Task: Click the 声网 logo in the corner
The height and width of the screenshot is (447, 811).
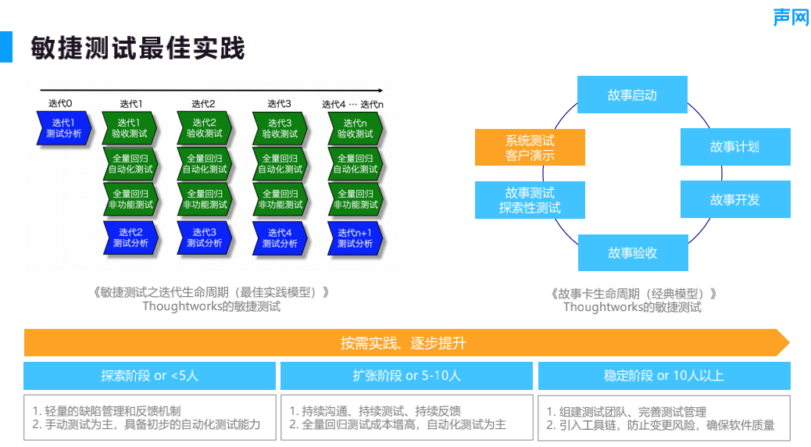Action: pyautogui.click(x=791, y=16)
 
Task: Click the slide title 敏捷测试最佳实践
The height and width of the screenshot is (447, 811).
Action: pyautogui.click(x=138, y=48)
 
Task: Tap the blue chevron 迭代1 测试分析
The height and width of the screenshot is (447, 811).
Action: pyautogui.click(x=63, y=128)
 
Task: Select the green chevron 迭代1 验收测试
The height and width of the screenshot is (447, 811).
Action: pyautogui.click(x=129, y=128)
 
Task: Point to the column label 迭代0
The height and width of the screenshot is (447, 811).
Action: pyautogui.click(x=60, y=103)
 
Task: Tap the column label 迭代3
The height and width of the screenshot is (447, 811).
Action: pyautogui.click(x=279, y=103)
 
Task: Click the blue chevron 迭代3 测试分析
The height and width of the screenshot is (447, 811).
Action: pyautogui.click(x=204, y=238)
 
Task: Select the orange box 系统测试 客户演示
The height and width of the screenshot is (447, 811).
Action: pyautogui.click(x=530, y=148)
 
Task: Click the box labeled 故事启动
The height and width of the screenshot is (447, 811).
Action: pyautogui.click(x=632, y=95)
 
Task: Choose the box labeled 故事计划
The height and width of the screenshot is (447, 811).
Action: pyautogui.click(x=734, y=147)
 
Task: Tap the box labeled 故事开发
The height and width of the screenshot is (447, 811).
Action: pyautogui.click(x=734, y=199)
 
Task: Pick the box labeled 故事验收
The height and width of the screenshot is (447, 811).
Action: pyautogui.click(x=632, y=252)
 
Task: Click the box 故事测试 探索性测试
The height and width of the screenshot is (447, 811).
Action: pyautogui.click(x=530, y=200)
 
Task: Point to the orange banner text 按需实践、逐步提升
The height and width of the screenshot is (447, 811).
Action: pyautogui.click(x=403, y=343)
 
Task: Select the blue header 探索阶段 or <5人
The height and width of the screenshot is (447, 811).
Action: pyautogui.click(x=149, y=376)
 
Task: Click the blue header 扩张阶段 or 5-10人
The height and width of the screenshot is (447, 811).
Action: pyautogui.click(x=406, y=376)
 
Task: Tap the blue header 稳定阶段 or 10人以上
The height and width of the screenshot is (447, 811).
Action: pyautogui.click(x=663, y=376)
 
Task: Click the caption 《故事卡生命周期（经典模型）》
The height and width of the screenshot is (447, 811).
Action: pyautogui.click(x=633, y=294)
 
